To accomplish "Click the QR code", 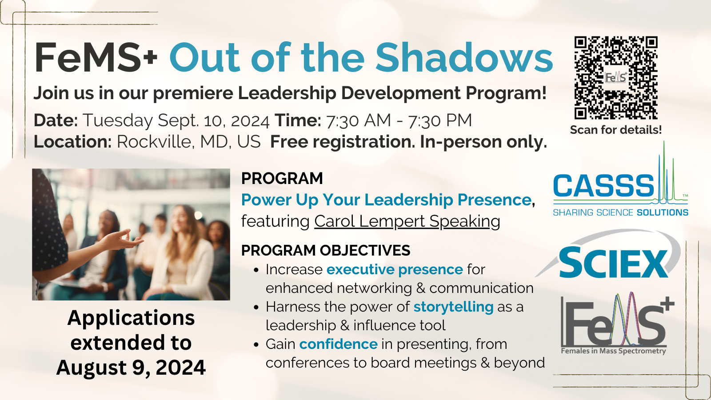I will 615,78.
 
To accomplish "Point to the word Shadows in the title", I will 464,58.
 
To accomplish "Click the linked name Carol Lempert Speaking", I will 407,221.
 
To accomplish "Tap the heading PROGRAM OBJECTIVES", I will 325,251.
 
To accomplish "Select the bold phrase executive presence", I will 395,270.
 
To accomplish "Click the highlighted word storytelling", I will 453,307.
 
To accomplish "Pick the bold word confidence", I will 338,344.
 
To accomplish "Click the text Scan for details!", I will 615,130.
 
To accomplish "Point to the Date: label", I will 56,120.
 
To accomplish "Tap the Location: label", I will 72,142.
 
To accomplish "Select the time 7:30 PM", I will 439,120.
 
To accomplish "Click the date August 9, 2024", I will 131,368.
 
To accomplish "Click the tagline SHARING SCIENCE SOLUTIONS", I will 620,212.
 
